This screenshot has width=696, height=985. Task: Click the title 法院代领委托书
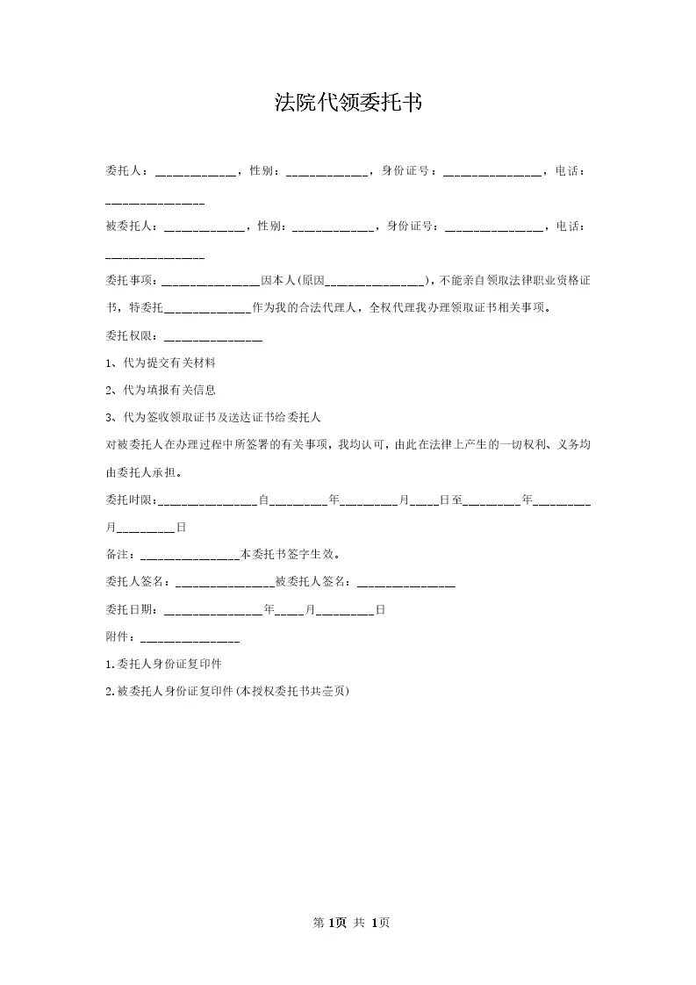click(x=348, y=104)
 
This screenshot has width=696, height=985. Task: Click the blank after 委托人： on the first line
click(x=196, y=173)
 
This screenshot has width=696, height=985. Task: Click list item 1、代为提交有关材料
click(x=160, y=363)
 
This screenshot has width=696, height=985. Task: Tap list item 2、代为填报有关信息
click(x=160, y=391)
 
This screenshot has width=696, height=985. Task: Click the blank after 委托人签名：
click(x=226, y=582)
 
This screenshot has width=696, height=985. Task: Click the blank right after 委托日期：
click(x=213, y=609)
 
